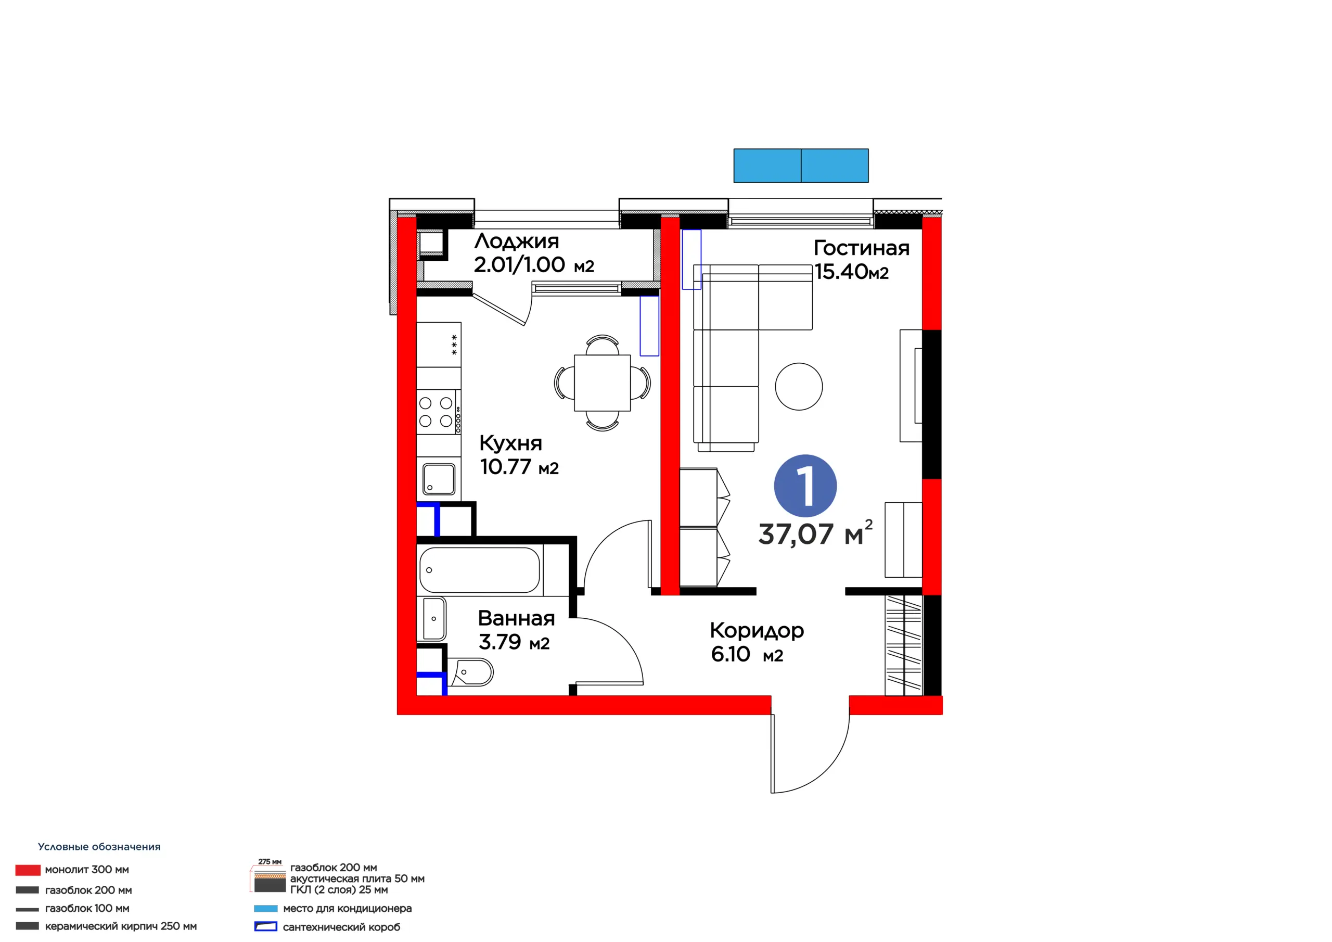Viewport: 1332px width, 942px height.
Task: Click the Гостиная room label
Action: tap(862, 248)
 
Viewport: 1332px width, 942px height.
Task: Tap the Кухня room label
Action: tap(510, 444)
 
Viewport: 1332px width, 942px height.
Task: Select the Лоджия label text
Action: tap(516, 241)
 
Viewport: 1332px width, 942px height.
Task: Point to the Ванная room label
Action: tap(516, 619)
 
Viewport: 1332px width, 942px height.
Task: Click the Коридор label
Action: tap(757, 631)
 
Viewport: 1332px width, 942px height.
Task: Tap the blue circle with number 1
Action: tap(805, 486)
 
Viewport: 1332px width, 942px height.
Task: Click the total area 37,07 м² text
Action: tap(815, 533)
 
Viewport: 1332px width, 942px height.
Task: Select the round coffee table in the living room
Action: tap(799, 387)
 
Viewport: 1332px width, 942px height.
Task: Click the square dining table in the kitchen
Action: tap(602, 383)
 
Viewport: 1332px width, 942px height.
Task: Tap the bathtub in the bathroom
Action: tap(480, 570)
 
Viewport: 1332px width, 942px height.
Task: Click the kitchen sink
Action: tap(439, 479)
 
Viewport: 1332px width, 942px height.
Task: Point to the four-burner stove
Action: tap(439, 412)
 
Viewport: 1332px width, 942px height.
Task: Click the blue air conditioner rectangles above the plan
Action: tap(801, 166)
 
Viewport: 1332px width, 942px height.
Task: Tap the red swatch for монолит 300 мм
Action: tap(28, 870)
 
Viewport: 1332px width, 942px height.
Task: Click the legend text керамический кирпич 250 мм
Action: tap(121, 926)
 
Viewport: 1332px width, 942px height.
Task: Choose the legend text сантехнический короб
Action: tap(342, 927)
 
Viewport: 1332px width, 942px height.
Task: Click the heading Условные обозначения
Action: tap(99, 847)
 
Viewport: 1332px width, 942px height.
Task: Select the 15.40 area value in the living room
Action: tap(841, 272)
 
